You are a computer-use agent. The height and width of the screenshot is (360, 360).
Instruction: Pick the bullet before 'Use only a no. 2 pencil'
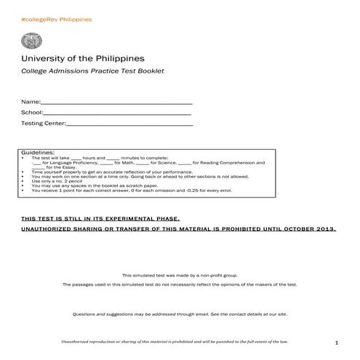point(25,181)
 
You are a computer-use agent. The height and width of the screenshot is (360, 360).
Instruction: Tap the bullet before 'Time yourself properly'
point(25,172)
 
